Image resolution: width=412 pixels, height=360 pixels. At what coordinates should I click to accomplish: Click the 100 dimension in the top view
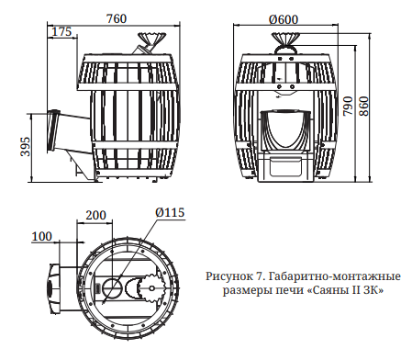coord(41,235)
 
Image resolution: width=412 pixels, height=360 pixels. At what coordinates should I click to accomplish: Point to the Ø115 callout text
coord(170,212)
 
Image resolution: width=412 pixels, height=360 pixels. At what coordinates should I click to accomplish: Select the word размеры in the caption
coord(250,290)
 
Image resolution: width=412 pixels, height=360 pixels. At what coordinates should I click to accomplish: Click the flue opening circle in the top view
coord(113,287)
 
